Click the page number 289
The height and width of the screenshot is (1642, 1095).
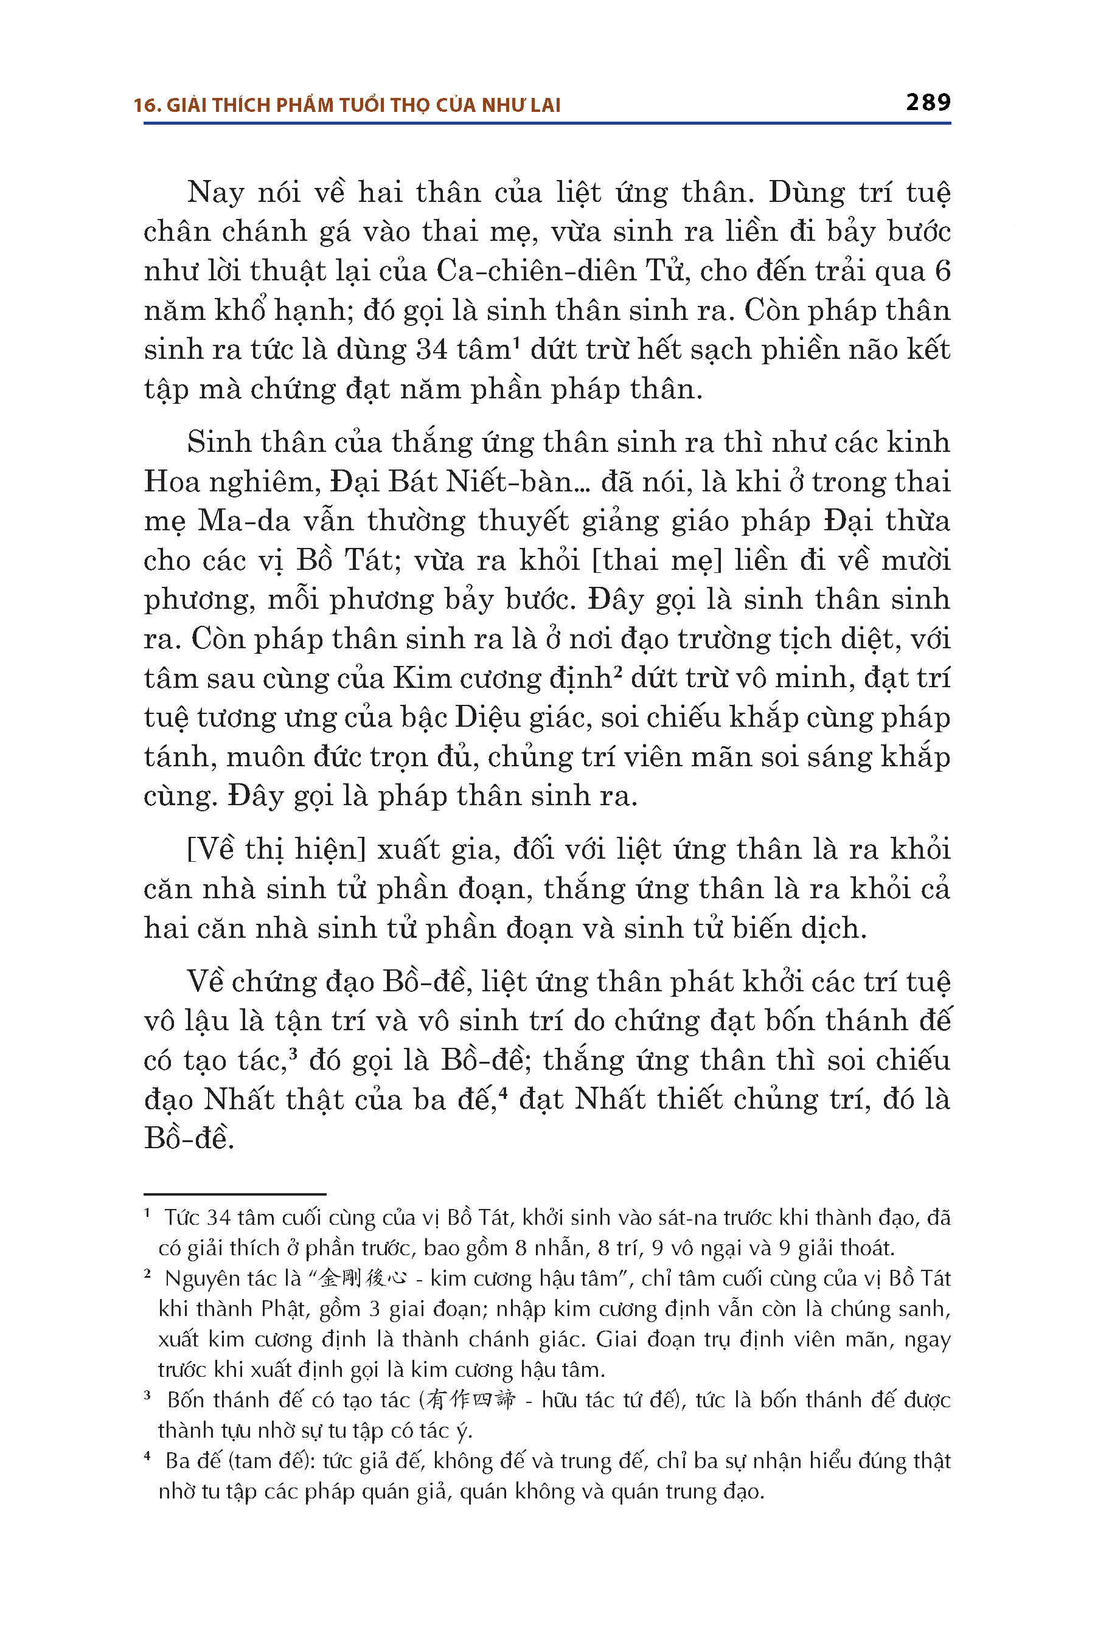click(927, 103)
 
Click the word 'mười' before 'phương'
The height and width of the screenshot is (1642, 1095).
click(920, 561)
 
